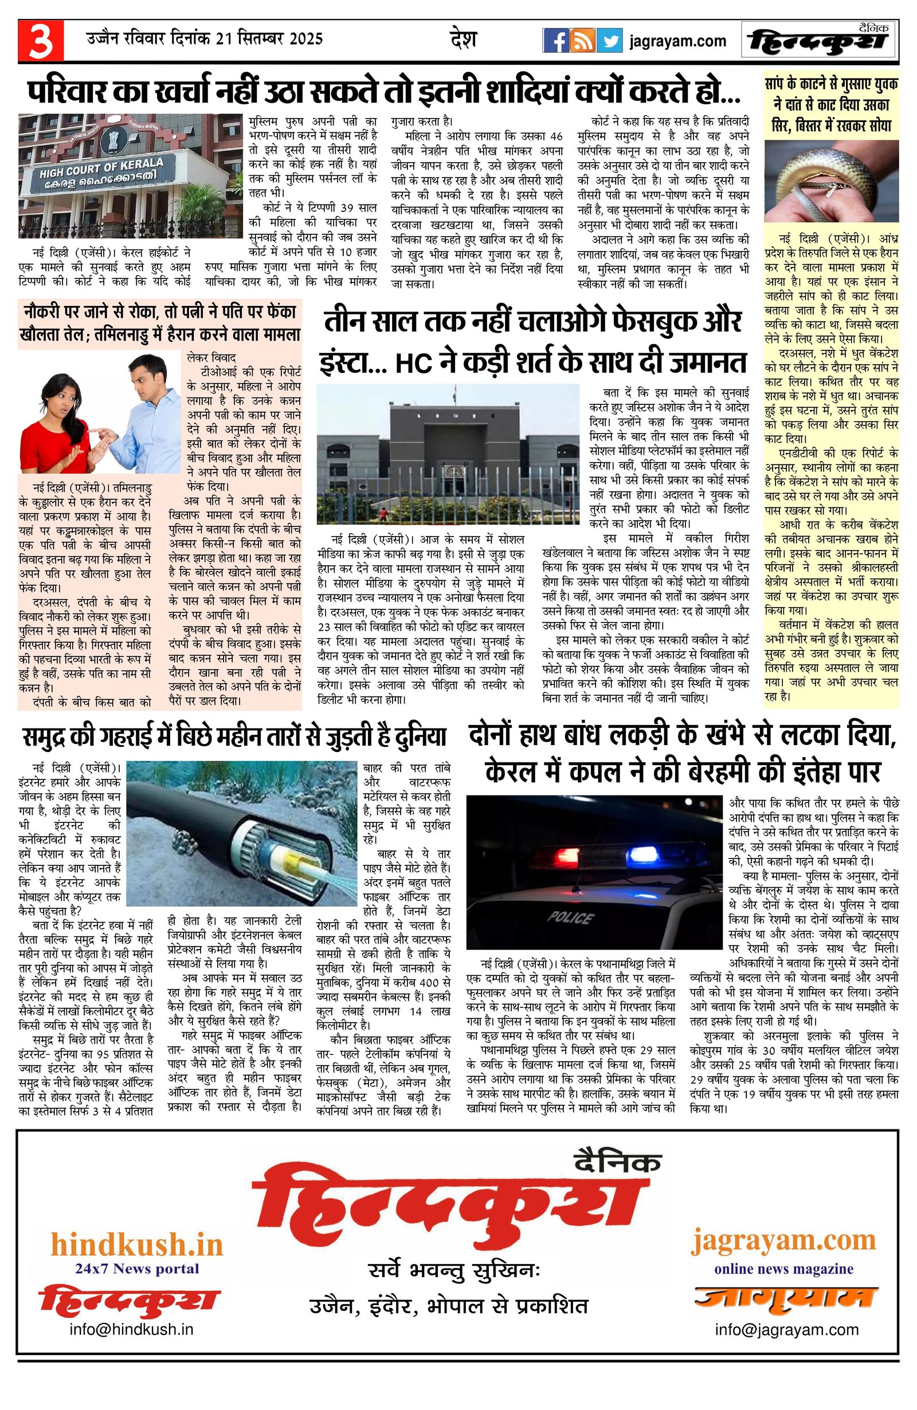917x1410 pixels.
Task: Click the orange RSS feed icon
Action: click(x=582, y=41)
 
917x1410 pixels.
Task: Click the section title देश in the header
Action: click(x=463, y=39)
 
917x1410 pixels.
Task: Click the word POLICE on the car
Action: click(x=570, y=918)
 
